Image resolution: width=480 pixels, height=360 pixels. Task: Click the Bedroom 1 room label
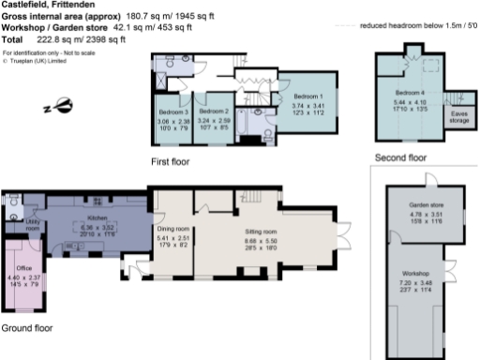point(307,97)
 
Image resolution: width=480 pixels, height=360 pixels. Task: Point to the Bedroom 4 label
point(410,93)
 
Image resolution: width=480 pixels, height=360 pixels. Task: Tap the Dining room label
point(173,229)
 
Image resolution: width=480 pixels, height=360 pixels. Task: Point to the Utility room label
point(32,225)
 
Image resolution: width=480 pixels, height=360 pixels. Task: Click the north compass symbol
point(62,105)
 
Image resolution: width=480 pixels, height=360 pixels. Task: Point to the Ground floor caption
point(27,328)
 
